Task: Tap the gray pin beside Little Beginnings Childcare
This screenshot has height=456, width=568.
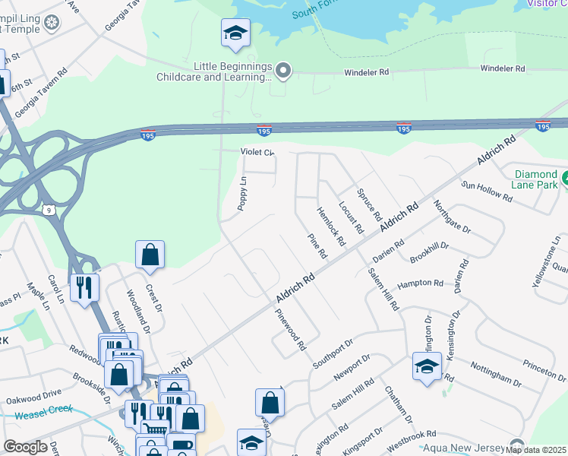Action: coord(284,72)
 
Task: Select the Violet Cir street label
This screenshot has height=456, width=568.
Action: coord(257,152)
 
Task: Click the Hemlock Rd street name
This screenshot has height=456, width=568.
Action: coord(331,226)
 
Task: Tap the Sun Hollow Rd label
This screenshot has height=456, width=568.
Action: coord(487,191)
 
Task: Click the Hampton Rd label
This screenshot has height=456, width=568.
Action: coord(420,283)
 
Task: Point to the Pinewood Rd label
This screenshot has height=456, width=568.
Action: coord(290,329)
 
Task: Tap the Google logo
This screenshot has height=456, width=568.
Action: coord(25,447)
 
